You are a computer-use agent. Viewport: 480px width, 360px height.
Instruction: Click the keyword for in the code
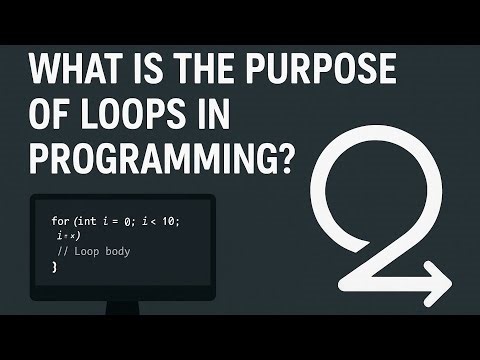[x=59, y=218]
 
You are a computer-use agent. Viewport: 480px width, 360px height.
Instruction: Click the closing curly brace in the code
[x=55, y=267]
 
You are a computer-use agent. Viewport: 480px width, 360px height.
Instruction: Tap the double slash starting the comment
[x=64, y=251]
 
